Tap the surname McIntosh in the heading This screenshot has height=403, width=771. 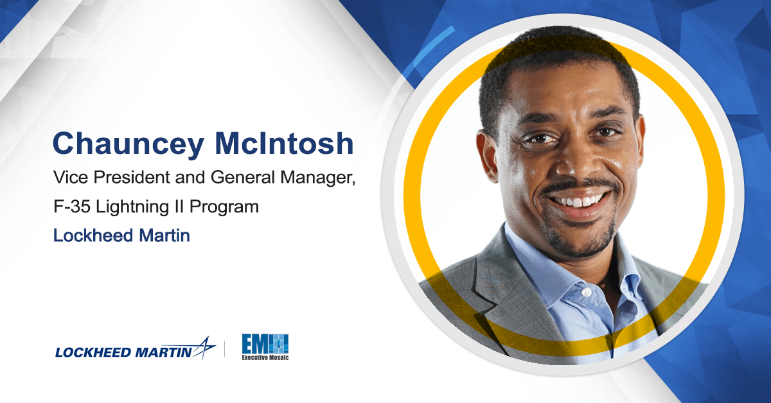[284, 143]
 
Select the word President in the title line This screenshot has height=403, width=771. [132, 177]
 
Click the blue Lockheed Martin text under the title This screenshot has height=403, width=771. [121, 236]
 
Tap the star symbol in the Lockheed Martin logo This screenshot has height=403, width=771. [204, 348]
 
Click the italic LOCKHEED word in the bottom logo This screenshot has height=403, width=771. [93, 352]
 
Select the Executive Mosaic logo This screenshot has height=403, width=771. [265, 347]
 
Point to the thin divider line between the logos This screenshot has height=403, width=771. [225, 348]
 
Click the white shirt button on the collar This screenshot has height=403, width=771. [587, 293]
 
